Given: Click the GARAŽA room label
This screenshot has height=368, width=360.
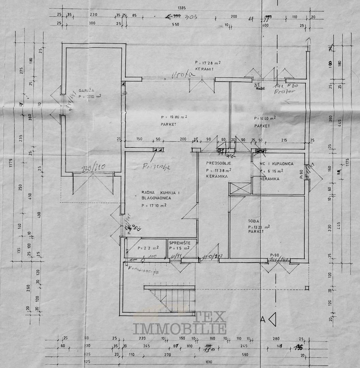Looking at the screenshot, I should tap(85, 91).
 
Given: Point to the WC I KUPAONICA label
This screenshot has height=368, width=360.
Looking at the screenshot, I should tap(276, 164).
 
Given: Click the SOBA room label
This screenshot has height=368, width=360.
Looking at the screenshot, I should tap(254, 221).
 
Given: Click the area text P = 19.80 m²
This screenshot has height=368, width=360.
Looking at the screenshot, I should tap(174, 117).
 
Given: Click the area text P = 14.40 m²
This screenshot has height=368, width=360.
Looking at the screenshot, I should tap(265, 118).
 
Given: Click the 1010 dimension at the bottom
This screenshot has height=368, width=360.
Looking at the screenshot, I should tap(209, 362).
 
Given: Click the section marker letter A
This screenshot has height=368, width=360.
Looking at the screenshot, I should tap(262, 319).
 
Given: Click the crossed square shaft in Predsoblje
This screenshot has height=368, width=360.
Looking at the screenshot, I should tap(235, 188).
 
